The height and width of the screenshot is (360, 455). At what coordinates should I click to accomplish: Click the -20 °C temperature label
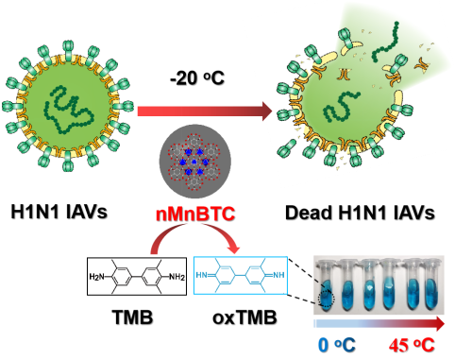click(x=197, y=77)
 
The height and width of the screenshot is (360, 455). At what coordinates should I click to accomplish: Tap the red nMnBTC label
click(x=195, y=214)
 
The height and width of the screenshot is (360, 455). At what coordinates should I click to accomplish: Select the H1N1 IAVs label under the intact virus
click(x=59, y=212)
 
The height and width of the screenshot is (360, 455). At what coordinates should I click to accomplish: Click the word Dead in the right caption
click(x=309, y=213)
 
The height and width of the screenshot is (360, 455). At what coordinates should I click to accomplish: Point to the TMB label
click(x=132, y=317)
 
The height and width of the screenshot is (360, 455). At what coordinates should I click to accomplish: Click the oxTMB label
click(x=244, y=317)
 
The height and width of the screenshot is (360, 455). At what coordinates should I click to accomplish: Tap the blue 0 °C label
click(x=337, y=345)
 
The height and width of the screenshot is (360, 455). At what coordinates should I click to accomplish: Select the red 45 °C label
click(x=412, y=345)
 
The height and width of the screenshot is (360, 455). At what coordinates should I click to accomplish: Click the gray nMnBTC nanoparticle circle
click(x=195, y=162)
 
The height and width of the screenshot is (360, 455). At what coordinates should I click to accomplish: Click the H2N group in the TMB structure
click(x=96, y=277)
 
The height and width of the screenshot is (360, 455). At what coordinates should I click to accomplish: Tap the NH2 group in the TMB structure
click(x=177, y=277)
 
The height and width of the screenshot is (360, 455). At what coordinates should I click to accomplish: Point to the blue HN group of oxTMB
click(x=202, y=275)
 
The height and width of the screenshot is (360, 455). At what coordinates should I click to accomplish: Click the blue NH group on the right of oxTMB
click(x=278, y=275)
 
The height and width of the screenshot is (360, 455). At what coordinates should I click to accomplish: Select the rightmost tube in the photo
click(x=430, y=285)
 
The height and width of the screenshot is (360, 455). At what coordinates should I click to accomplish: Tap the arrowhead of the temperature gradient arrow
click(x=439, y=324)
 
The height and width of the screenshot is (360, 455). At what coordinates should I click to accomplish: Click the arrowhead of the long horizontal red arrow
click(x=266, y=111)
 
